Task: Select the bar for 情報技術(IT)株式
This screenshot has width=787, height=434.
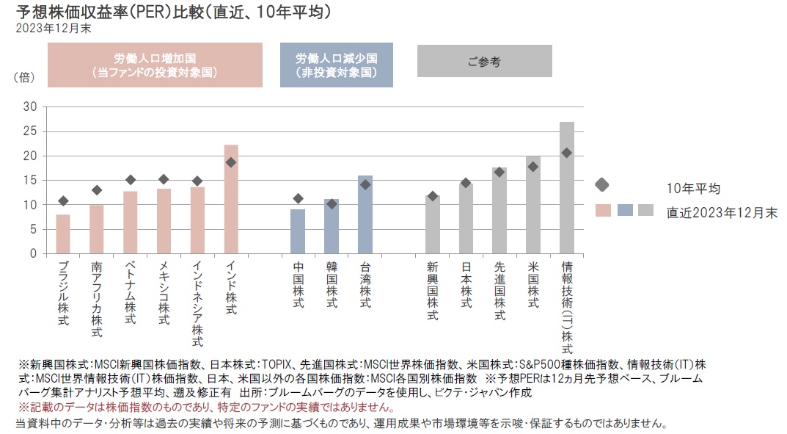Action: (x=566, y=188)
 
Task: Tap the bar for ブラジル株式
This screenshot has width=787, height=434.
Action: (x=63, y=234)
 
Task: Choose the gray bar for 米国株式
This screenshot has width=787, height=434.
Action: (x=532, y=205)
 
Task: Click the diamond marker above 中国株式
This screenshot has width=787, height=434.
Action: (x=298, y=198)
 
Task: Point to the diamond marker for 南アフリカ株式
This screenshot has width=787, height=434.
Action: (x=97, y=190)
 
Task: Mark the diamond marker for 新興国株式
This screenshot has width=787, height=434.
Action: (x=432, y=196)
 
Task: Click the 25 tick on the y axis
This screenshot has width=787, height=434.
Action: (x=30, y=131)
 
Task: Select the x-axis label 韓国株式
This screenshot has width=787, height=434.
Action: (x=332, y=286)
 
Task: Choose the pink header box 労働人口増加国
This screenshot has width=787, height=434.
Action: (x=155, y=65)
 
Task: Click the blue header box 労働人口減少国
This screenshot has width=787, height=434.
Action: (x=337, y=65)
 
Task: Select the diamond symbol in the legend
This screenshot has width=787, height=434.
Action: (x=602, y=184)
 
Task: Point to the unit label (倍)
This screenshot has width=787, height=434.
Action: (x=23, y=76)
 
